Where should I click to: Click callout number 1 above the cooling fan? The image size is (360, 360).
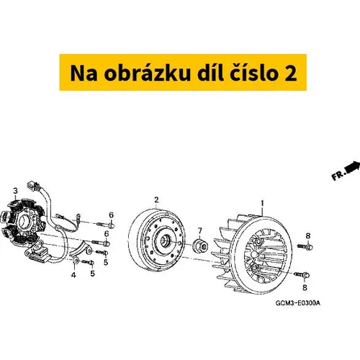coord(262,204)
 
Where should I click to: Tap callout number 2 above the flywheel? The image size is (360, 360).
coord(156,199)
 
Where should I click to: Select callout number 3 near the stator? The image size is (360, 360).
coord(16,191)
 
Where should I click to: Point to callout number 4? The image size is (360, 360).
coord(73,275)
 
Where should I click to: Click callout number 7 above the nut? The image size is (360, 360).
coord(200,231)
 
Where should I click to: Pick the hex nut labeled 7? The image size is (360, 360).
coord(201,245)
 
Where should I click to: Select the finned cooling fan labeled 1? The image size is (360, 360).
coord(252,253)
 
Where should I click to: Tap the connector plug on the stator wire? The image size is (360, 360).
coord(34,186)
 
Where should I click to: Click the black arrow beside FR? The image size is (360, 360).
coord(353,167)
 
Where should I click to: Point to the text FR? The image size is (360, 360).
coord(338,176)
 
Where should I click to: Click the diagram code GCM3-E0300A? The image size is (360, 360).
coord(297,303)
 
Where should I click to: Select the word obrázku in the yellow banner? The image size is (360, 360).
coord(147,73)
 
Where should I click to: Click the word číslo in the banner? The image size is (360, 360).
coord(254,73)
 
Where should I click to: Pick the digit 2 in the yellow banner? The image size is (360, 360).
coord(290,73)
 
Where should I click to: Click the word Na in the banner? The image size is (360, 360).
coord(84,73)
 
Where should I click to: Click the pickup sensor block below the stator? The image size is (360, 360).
coord(37,252)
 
